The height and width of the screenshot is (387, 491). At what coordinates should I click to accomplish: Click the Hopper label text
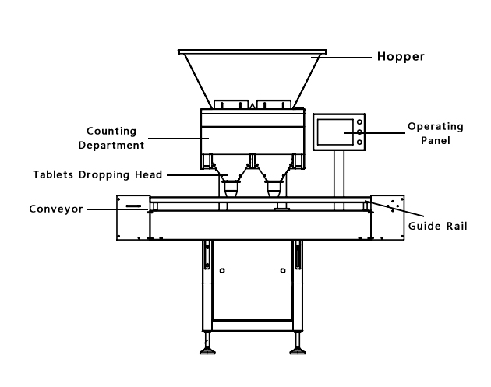(401, 57)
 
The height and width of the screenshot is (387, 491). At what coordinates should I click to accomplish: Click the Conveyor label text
(55, 209)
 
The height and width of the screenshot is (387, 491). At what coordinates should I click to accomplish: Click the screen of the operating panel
(334, 132)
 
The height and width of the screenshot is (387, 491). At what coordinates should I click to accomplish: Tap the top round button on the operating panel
(359, 122)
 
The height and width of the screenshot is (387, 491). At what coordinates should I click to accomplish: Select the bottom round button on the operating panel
(359, 142)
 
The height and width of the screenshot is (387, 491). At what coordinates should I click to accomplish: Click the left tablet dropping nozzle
(230, 188)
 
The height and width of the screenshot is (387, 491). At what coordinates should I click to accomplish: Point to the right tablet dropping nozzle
(274, 188)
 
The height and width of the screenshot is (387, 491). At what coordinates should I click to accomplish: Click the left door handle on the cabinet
(207, 255)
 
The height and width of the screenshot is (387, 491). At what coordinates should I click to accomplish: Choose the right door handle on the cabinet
(297, 255)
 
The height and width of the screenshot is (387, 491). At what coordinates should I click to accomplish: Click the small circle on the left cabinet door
(223, 272)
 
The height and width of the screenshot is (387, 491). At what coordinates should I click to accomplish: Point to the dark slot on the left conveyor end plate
(133, 207)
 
